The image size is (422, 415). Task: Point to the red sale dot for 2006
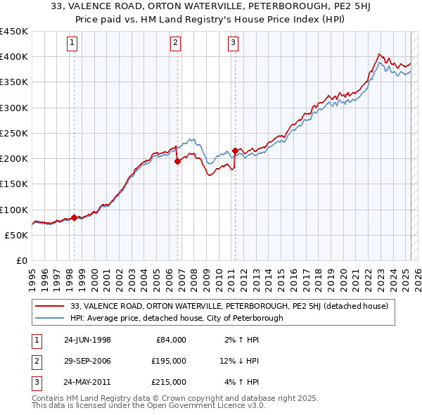tap(177, 161)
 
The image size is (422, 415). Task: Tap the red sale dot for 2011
tap(235, 151)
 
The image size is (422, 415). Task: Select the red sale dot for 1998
tap(74, 217)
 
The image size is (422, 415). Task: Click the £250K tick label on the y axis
tap(14, 133)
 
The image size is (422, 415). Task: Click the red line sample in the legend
tap(50, 306)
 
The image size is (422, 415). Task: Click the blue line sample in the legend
tap(50, 318)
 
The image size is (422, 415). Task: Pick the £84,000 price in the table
tap(171, 340)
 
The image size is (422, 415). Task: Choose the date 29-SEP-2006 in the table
tap(87, 361)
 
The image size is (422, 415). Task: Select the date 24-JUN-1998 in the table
tap(87, 340)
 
